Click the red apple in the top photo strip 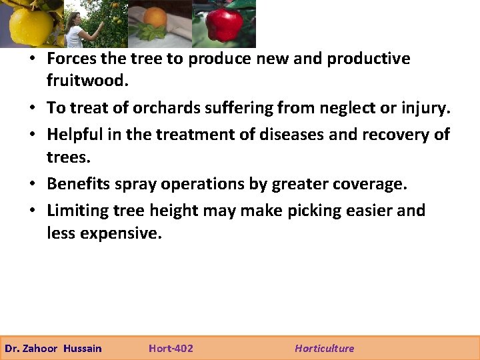click(224, 25)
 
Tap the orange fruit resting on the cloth click(155, 17)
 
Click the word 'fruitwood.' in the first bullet click(85, 81)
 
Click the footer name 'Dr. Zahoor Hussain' click(53, 348)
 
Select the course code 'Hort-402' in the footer click(171, 348)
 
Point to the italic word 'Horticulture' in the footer click(325, 348)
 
